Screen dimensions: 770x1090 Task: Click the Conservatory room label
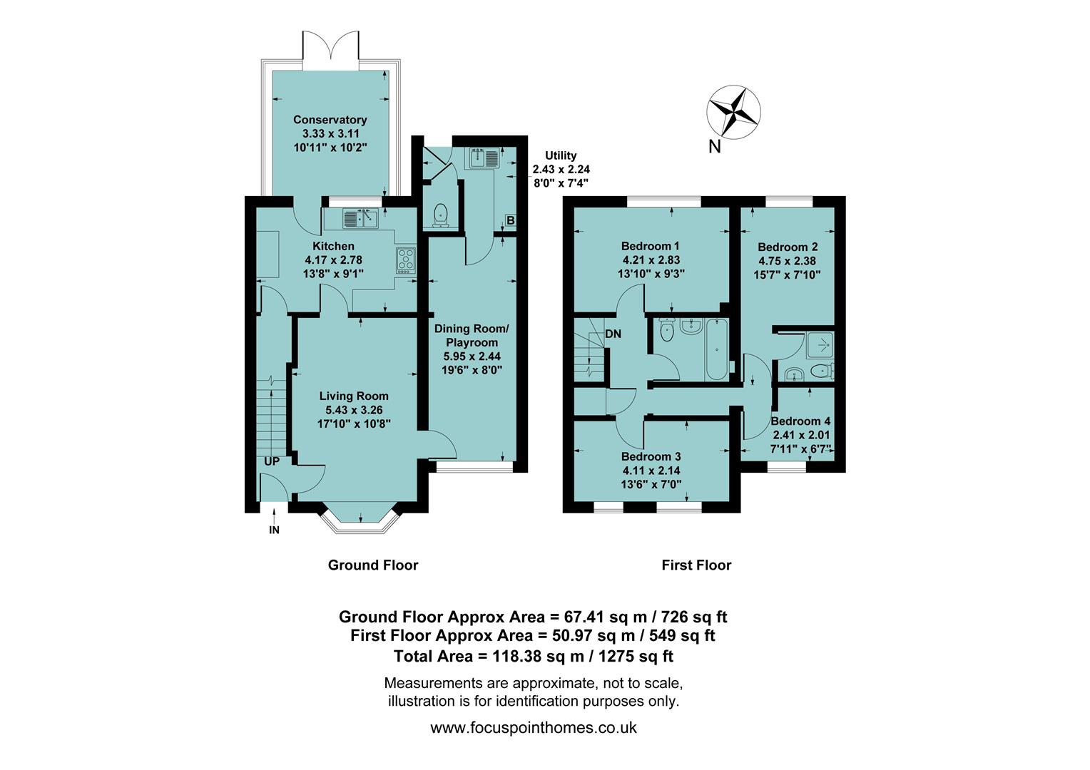[x=330, y=120]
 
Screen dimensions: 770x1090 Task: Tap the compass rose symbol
[x=733, y=111]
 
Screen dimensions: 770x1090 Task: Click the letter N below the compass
[x=714, y=148]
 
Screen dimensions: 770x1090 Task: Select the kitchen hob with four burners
[x=405, y=260]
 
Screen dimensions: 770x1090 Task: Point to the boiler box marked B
[x=510, y=221]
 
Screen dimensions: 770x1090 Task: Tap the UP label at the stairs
[x=272, y=461]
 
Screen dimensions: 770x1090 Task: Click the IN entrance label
[x=274, y=530]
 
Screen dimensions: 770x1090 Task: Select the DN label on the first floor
[x=613, y=334]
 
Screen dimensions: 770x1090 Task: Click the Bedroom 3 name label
[x=651, y=456]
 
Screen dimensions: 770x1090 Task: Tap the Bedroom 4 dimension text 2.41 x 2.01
[x=801, y=434]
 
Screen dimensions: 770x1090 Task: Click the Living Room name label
[x=354, y=396]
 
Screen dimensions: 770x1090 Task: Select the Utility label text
[x=561, y=155]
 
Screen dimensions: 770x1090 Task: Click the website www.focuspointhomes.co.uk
[x=534, y=728]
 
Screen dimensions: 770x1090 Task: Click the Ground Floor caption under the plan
[x=372, y=565]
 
